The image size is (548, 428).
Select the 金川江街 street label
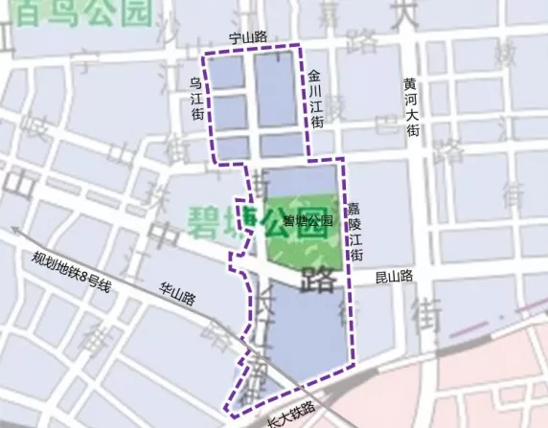tap(315, 99)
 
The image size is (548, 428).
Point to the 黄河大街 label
tap(411, 106)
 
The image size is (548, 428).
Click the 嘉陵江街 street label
tap(354, 232)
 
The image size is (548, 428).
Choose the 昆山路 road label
tap(394, 276)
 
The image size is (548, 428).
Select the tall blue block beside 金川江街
tap(275, 89)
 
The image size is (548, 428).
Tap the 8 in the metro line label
tap(84, 277)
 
